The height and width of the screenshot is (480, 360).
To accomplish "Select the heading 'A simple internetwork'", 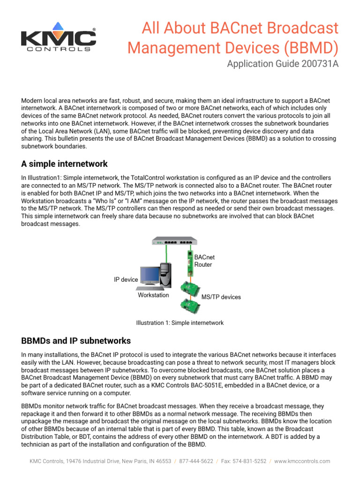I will coord(65,164).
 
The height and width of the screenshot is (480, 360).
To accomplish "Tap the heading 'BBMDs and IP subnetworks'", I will coord(76,341).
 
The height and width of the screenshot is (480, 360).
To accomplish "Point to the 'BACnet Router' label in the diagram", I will coord(204,261).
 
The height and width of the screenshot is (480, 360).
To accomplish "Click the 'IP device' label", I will coord(126,280).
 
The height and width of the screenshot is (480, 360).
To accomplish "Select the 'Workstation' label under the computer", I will coord(153,296).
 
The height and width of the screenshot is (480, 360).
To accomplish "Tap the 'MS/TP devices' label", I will coord(221,297).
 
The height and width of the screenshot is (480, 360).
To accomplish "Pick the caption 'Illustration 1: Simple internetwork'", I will coord(180,323).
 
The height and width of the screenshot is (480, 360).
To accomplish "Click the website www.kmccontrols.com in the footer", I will coord(302,461).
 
